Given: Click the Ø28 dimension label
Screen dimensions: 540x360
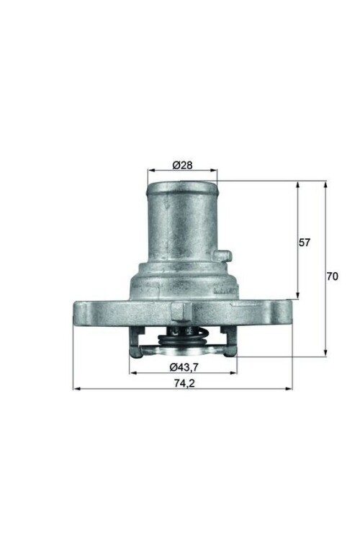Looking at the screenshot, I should [182, 165].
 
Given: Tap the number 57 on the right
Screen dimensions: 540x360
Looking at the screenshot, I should [304, 243].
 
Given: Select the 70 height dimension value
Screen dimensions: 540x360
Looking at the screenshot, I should [332, 276].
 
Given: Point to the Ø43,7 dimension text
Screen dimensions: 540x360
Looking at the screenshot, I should [183, 367].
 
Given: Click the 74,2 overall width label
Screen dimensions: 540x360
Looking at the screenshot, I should [183, 384].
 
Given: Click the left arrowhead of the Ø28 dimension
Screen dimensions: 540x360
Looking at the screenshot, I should [150, 171].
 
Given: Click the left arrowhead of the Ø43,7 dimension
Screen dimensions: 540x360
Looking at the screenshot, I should [132, 373].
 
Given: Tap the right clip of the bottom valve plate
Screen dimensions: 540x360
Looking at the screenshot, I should [228, 351].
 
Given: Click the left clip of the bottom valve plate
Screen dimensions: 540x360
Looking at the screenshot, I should [135, 351].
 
